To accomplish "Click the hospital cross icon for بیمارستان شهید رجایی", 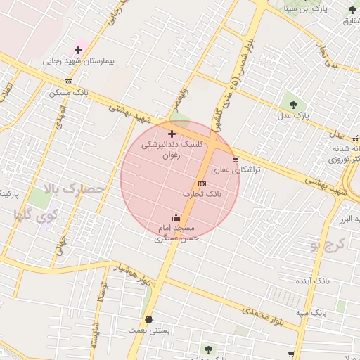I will tap(78, 51).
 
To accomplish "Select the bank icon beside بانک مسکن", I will tap(68, 82).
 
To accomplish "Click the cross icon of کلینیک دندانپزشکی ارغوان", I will tap(172, 133).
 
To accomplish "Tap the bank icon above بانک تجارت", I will tap(202, 184).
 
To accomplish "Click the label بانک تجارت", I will tap(202, 193).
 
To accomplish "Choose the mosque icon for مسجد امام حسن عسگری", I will tap(176, 218).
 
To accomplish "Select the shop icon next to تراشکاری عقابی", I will tap(235, 159).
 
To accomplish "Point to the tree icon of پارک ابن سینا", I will tap(352, 9).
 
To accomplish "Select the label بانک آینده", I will tap(314, 281).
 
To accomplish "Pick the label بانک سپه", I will tap(310, 311).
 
